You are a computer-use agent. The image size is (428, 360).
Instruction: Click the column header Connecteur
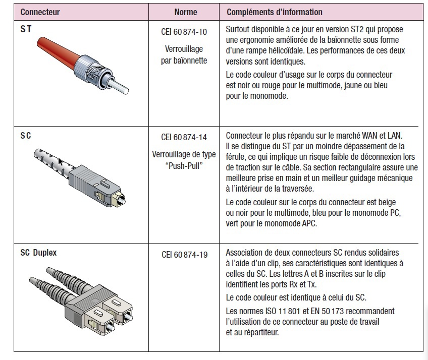pos(40,12)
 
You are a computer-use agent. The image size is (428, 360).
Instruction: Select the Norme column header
pos(186,12)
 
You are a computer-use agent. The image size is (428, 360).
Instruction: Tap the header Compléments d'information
pos(274,12)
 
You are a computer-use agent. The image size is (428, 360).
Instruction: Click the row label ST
pos(26,29)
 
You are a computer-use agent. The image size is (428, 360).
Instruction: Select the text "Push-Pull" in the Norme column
pos(184,166)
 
